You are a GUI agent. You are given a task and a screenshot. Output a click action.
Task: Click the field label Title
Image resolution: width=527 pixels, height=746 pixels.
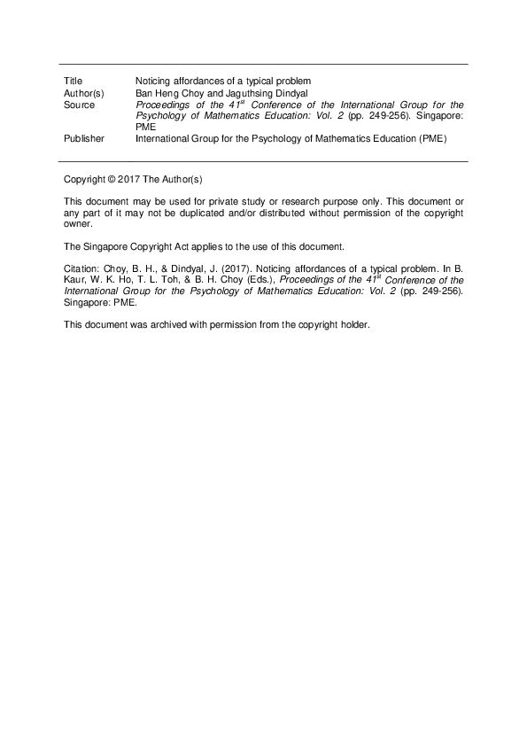(x=74, y=82)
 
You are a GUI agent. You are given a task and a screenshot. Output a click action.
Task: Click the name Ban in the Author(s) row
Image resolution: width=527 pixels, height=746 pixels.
(x=143, y=93)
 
